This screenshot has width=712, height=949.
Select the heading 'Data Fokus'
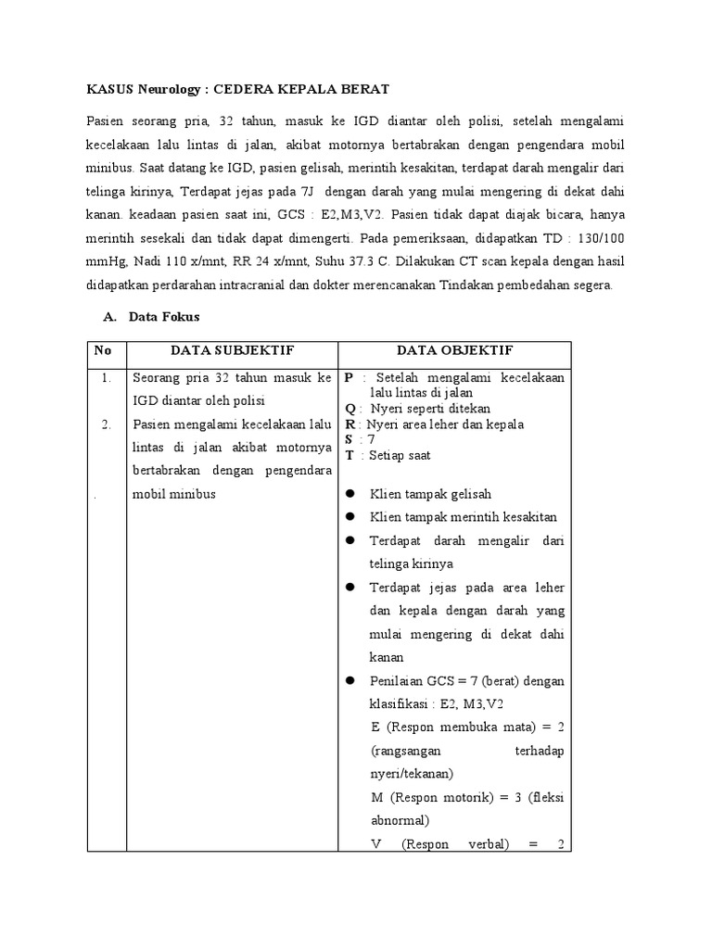(164, 317)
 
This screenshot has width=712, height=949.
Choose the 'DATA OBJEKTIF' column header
(453, 350)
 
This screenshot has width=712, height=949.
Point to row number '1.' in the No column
(107, 378)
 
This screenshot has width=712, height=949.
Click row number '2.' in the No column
(107, 424)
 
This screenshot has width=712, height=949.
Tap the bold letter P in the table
(348, 378)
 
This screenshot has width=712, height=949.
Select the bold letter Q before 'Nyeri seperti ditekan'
(349, 409)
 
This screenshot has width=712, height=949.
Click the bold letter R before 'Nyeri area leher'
(349, 424)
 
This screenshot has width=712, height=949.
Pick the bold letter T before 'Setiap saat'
(349, 455)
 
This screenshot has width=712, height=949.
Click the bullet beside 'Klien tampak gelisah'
(350, 494)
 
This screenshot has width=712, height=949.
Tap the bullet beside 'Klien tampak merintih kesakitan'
(350, 517)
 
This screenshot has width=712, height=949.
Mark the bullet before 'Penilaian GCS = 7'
(350, 680)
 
